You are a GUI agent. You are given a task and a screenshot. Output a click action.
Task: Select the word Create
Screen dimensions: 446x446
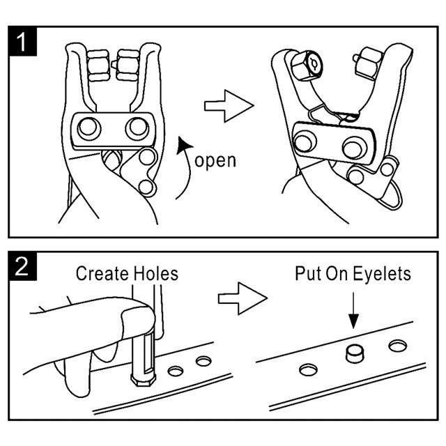click(x=102, y=272)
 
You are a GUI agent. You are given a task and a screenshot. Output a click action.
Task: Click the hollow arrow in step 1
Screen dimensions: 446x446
click(x=228, y=105)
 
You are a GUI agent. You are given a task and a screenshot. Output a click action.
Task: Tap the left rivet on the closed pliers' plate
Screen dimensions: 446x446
click(x=89, y=128)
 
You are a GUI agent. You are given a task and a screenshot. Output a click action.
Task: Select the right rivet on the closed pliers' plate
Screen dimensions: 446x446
click(x=137, y=128)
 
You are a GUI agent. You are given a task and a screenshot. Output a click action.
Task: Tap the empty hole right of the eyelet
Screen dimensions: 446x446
click(x=398, y=345)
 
